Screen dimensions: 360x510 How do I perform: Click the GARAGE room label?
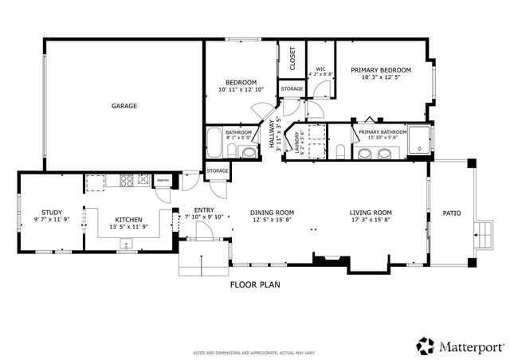pyautogui.click(x=124, y=105)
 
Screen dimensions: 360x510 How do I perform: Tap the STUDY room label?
pyautogui.click(x=52, y=212)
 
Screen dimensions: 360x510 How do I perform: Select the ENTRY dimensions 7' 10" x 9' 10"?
pyautogui.click(x=205, y=217)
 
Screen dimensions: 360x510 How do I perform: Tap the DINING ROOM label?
pyautogui.click(x=273, y=212)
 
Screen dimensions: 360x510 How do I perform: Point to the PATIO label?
pyautogui.click(x=452, y=213)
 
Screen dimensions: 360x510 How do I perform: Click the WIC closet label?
pyautogui.click(x=320, y=68)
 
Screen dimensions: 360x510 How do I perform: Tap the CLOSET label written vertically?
pyautogui.click(x=292, y=58)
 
